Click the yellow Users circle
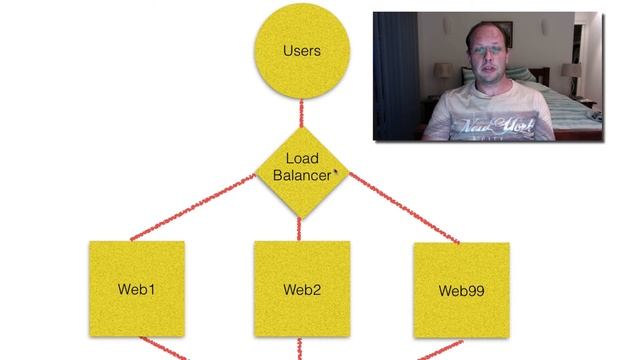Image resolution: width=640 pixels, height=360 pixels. (x=301, y=51)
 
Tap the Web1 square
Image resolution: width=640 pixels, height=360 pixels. (x=137, y=289)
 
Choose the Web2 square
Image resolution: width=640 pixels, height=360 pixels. (x=301, y=289)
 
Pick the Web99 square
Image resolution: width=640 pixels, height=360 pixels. (x=461, y=289)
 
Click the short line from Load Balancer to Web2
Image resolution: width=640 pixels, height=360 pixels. (x=301, y=227)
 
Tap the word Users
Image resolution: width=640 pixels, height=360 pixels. (x=301, y=50)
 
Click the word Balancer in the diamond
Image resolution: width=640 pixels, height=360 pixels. (x=301, y=176)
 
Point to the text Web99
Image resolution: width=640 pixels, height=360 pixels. (x=461, y=291)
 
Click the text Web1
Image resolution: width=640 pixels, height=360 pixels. (x=137, y=290)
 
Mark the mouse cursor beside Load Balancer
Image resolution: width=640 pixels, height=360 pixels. (x=335, y=173)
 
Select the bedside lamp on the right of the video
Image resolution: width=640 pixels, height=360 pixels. (x=571, y=74)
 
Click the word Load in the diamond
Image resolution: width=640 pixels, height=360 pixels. (x=301, y=159)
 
